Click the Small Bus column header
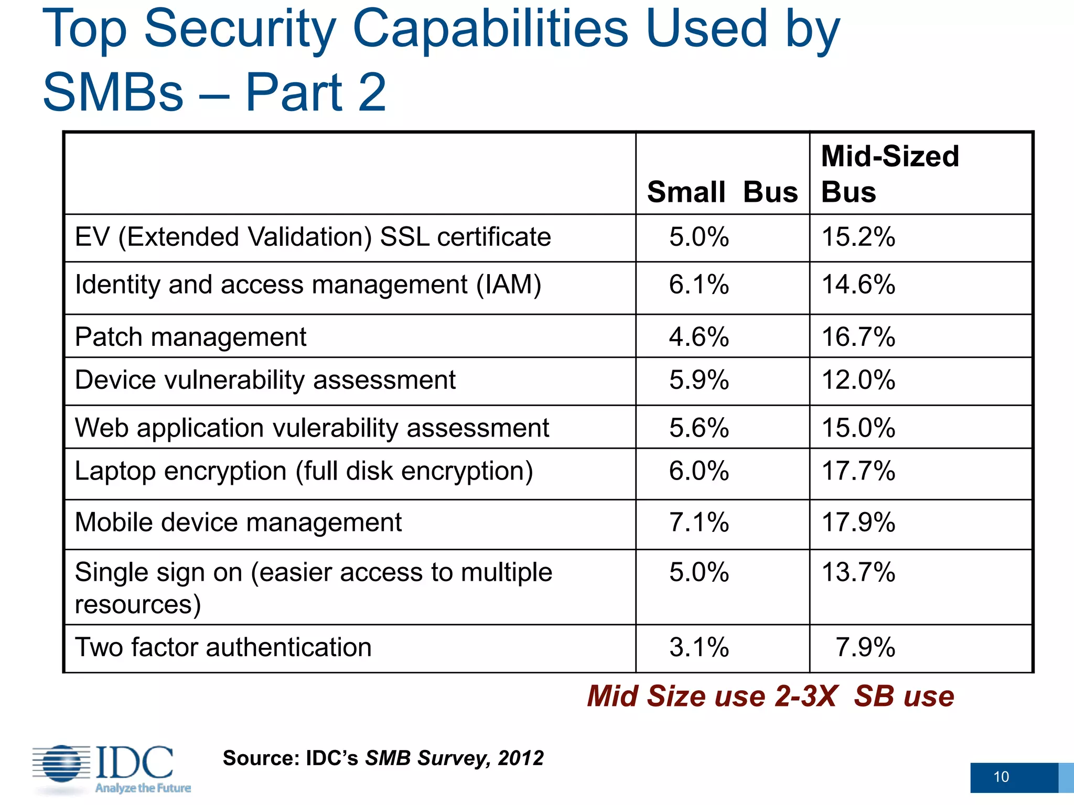[722, 192]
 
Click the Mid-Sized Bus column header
[890, 174]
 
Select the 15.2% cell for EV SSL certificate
[858, 237]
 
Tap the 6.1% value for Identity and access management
[699, 285]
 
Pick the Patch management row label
[190, 337]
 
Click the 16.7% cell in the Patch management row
[858, 337]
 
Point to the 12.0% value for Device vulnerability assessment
[858, 380]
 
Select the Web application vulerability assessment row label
[312, 428]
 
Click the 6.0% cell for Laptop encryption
[699, 471]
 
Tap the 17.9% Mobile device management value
[858, 523]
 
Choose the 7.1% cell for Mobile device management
[699, 523]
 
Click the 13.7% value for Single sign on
[858, 572]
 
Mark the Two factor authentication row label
[223, 647]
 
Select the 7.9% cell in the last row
[865, 647]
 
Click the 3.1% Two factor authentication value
[699, 647]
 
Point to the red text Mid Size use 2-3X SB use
[770, 697]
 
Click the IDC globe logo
[62, 764]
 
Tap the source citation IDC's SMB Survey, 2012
[383, 758]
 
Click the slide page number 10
[1001, 777]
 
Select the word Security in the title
[240, 29]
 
